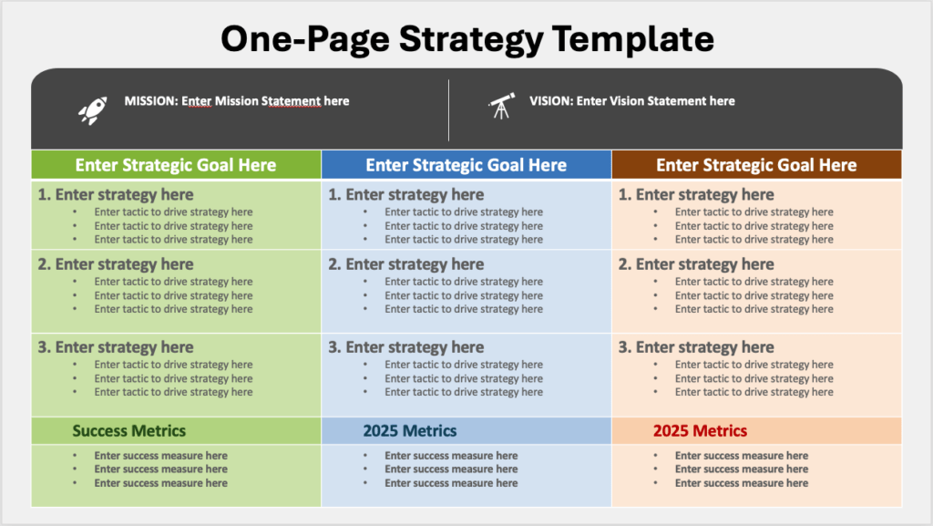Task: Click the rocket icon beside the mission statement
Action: tap(93, 110)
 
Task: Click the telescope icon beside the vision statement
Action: tap(502, 106)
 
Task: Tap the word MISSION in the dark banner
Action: tap(151, 101)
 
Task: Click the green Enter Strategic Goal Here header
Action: tap(176, 165)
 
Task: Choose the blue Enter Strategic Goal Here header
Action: tap(466, 165)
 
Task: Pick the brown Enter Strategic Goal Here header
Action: tap(756, 165)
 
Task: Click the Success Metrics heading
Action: tap(129, 431)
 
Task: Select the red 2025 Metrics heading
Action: tap(700, 431)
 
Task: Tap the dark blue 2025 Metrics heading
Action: tap(410, 431)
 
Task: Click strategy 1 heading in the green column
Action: tap(116, 194)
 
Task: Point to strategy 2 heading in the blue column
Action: tap(405, 264)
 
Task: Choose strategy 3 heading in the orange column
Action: tap(696, 347)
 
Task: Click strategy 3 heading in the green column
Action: tap(116, 347)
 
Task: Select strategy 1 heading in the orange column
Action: tap(696, 194)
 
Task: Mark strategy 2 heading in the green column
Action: tap(116, 264)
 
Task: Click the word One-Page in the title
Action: tap(305, 39)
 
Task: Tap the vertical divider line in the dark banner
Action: tap(448, 110)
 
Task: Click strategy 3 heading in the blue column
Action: tap(405, 347)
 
